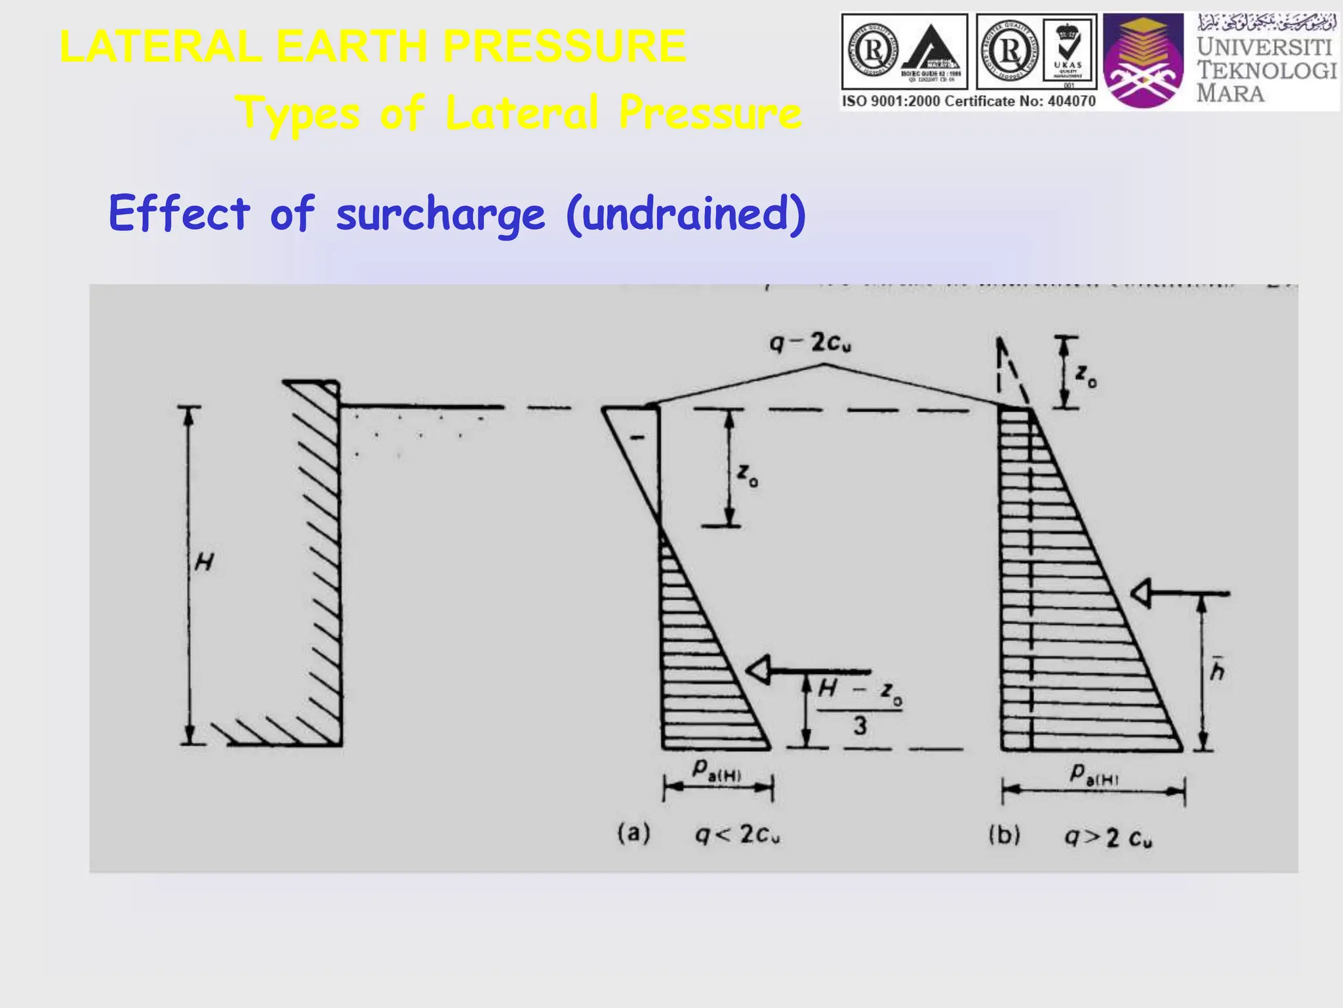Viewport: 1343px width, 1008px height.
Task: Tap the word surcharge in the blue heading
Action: coord(440,215)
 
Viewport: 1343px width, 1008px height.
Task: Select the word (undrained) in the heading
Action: coord(686,215)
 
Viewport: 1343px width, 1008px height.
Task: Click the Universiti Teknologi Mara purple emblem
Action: coord(1144,62)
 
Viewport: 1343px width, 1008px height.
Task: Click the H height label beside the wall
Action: coord(204,562)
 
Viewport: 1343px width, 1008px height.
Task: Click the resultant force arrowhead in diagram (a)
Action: coord(759,671)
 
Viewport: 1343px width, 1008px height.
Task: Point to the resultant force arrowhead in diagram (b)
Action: coord(1141,594)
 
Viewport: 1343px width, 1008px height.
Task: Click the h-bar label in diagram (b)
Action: coord(1217,669)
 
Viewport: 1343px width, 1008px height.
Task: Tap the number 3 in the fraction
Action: coord(860,726)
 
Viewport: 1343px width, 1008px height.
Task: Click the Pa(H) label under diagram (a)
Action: coord(717,770)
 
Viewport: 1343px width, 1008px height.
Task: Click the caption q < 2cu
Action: coord(738,835)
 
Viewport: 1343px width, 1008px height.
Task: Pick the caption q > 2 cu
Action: coord(1108,837)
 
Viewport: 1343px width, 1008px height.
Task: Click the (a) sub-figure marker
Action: coord(633,833)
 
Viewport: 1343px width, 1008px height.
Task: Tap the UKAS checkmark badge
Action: coord(1068,51)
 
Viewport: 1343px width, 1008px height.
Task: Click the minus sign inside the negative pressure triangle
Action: coord(636,437)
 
